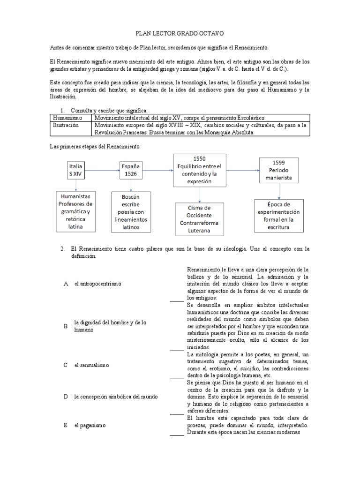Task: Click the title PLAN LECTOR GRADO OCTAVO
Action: click(180, 34)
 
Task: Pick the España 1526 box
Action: click(131, 170)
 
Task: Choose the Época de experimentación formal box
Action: click(279, 215)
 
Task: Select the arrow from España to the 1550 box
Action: click(159, 170)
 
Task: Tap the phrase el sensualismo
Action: click(91, 365)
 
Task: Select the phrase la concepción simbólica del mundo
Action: click(116, 397)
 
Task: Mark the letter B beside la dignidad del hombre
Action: click(66, 326)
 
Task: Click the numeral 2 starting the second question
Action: click(62, 249)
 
